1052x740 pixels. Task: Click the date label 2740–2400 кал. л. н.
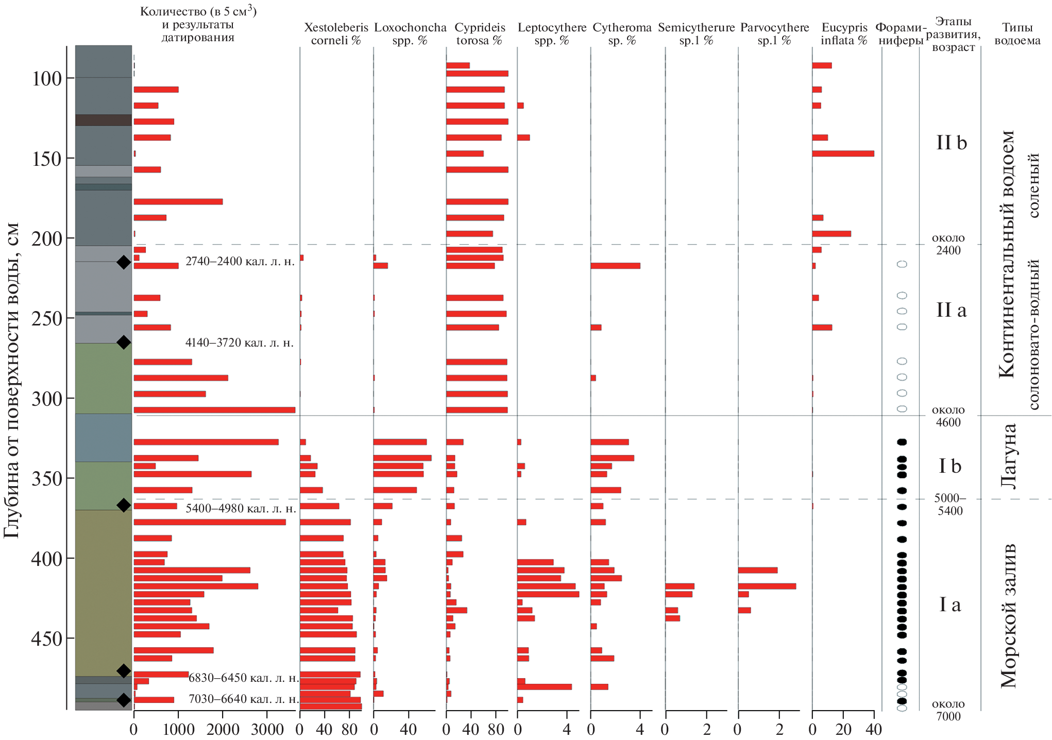tap(240, 262)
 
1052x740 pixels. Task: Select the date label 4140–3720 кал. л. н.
tap(240, 343)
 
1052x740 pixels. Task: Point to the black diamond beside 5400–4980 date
tap(124, 505)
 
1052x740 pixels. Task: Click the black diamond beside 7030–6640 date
tap(124, 700)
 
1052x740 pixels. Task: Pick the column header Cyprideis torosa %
tap(480, 34)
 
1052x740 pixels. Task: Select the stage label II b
tap(951, 143)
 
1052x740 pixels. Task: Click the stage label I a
tap(950, 605)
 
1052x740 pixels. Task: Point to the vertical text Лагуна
tap(1008, 456)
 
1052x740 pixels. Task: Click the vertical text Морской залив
tap(1008, 615)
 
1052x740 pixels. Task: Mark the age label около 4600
tap(948, 416)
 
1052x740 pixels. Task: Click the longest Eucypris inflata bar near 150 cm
tap(843, 153)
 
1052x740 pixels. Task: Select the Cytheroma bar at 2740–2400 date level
tap(615, 266)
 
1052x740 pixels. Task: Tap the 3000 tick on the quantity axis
tap(266, 729)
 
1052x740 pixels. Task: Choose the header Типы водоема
tap(1017, 34)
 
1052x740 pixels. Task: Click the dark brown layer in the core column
tap(104, 120)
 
